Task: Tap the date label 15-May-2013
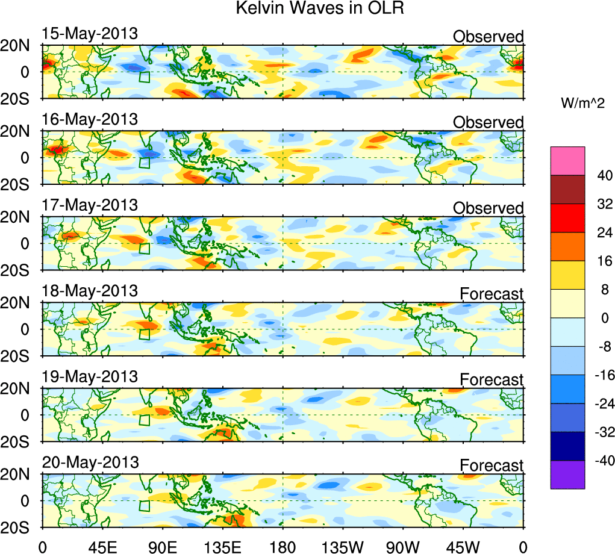(x=90, y=34)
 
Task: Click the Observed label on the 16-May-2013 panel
(x=488, y=122)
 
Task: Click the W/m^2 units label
(x=583, y=104)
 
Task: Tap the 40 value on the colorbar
(x=604, y=175)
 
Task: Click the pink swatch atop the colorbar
(x=567, y=160)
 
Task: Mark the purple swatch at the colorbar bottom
(x=567, y=475)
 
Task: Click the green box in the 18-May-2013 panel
(x=145, y=334)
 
